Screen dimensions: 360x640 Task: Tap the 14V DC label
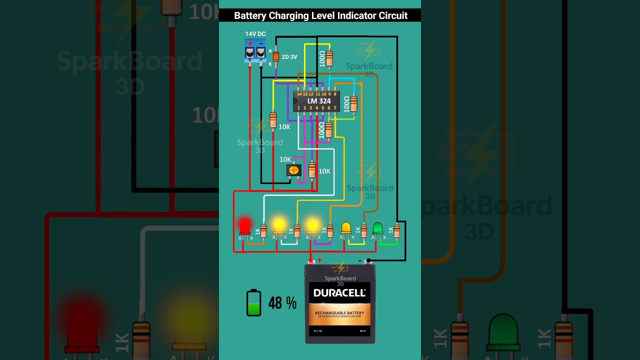pyautogui.click(x=255, y=34)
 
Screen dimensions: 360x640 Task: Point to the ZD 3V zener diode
pyautogui.click(x=275, y=56)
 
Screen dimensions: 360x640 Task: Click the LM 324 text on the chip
pyautogui.click(x=318, y=101)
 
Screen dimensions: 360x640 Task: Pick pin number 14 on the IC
pyautogui.click(x=299, y=94)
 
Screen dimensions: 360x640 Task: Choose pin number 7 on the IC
pyautogui.click(x=335, y=108)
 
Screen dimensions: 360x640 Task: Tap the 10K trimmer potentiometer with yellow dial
pyautogui.click(x=293, y=170)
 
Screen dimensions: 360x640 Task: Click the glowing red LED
pyautogui.click(x=244, y=226)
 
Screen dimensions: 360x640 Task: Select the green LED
pyautogui.click(x=377, y=228)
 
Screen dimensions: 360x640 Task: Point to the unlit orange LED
pyautogui.click(x=345, y=228)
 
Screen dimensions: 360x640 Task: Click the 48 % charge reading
pyautogui.click(x=282, y=303)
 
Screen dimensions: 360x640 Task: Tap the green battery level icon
pyautogui.click(x=253, y=303)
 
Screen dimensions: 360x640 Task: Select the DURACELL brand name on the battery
pyautogui.click(x=339, y=293)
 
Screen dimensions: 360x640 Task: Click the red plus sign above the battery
pyautogui.click(x=319, y=260)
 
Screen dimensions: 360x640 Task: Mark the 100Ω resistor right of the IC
pyautogui.click(x=353, y=103)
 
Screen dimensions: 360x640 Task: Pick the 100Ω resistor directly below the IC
pyautogui.click(x=328, y=129)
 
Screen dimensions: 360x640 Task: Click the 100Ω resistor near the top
pyautogui.click(x=328, y=58)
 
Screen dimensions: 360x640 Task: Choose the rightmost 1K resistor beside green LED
pyautogui.click(x=396, y=230)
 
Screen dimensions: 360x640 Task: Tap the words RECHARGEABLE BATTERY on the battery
pyautogui.click(x=339, y=313)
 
